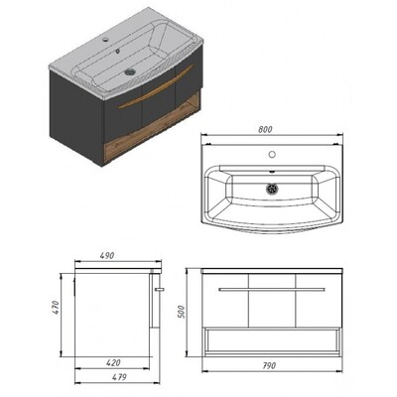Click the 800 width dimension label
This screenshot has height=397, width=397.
265,129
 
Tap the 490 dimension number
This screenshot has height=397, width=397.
107,256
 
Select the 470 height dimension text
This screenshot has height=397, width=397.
56,308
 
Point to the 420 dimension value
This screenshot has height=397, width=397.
113,363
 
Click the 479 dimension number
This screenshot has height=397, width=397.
119,377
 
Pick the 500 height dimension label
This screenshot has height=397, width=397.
182,312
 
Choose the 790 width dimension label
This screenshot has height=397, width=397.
269,365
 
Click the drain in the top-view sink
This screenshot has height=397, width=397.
272,189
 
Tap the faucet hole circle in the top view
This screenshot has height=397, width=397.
272,154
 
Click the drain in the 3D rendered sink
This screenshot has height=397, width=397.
130,70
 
